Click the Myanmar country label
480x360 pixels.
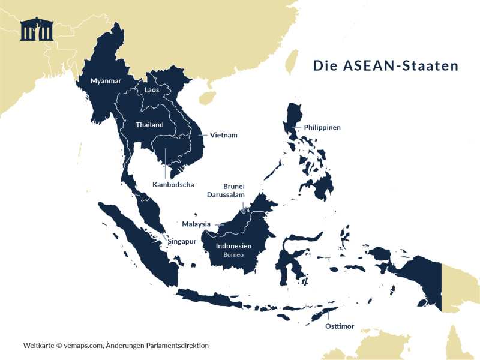(x=106, y=80)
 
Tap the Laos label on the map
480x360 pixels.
(x=151, y=90)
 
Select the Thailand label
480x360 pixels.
(x=149, y=125)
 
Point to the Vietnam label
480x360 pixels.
(x=223, y=135)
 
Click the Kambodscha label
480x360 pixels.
(x=173, y=185)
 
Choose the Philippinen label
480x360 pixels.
(x=322, y=128)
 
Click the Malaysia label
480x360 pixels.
(x=196, y=224)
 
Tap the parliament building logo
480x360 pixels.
(x=37, y=29)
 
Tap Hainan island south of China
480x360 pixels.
(x=207, y=97)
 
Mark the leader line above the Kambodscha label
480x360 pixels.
(x=166, y=162)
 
